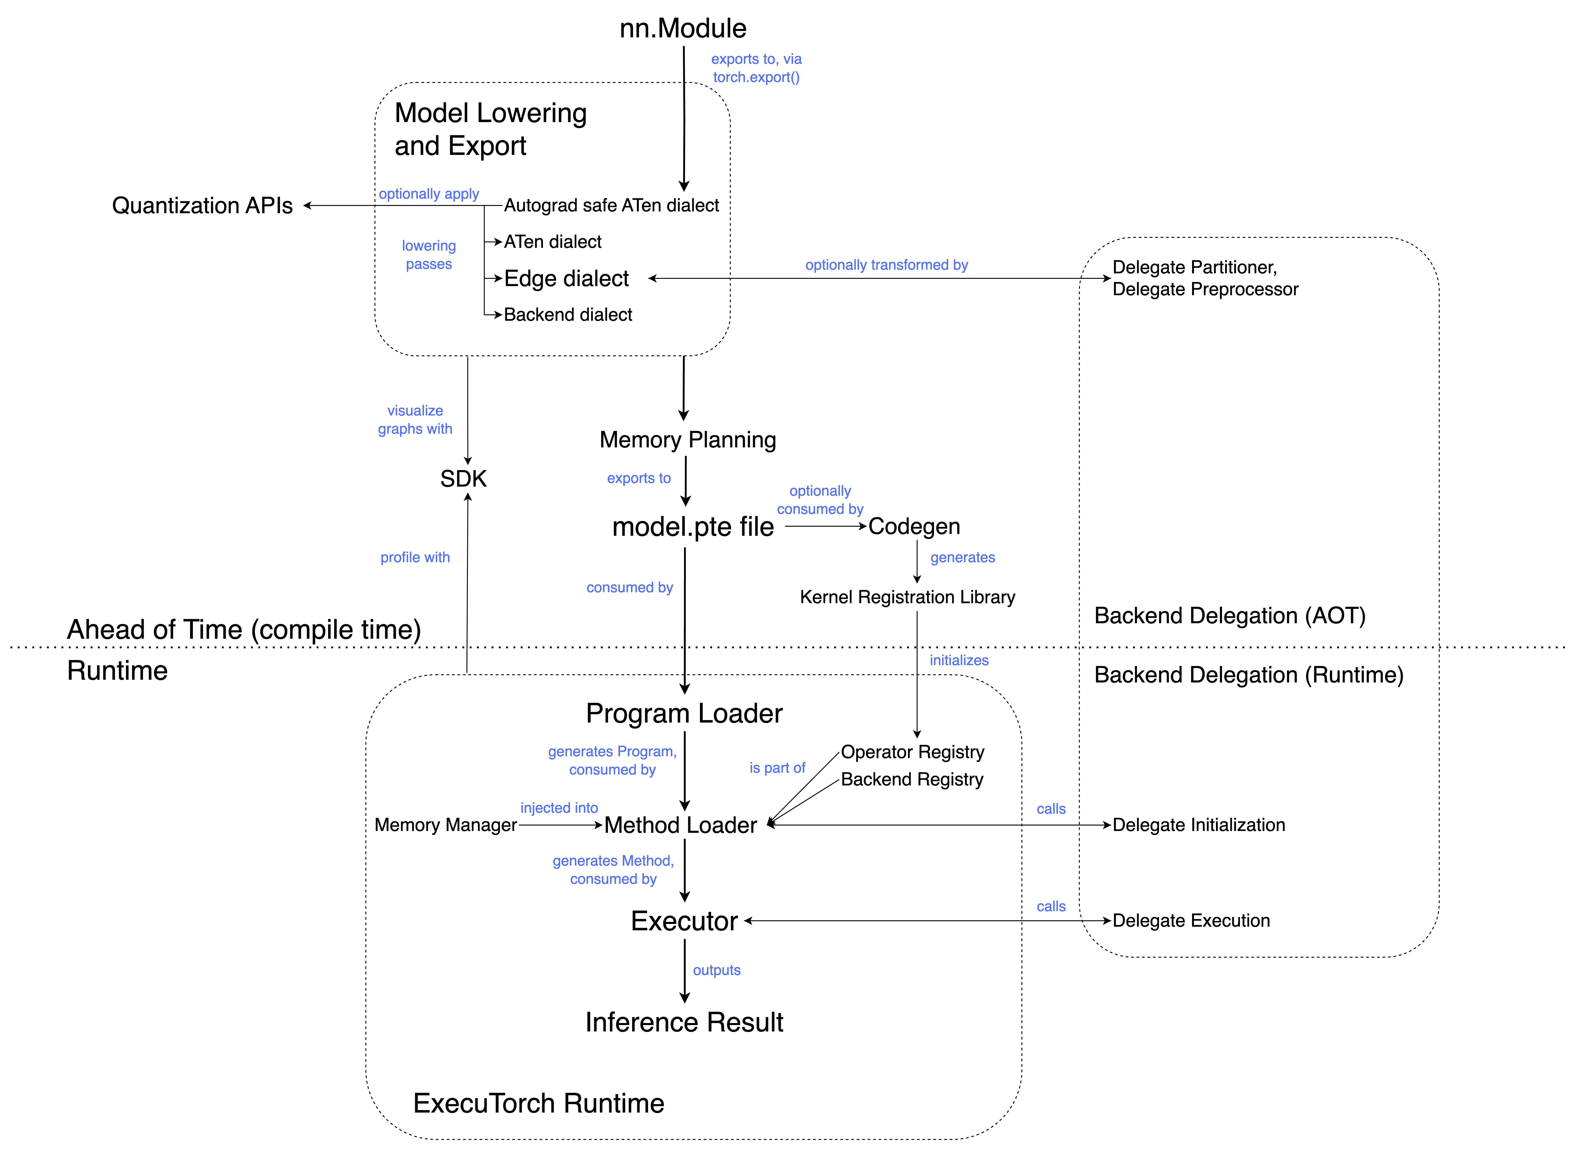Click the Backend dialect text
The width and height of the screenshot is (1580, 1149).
coord(568,315)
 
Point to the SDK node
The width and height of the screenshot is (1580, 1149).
coord(463,479)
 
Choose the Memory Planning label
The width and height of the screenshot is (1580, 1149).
coord(687,440)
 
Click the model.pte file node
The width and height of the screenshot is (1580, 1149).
coord(693,527)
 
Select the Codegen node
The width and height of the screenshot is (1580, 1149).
coord(914,526)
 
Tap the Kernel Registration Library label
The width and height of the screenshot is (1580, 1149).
coord(907,597)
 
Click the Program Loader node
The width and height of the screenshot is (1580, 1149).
coord(684,713)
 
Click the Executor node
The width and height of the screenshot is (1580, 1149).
coord(684,921)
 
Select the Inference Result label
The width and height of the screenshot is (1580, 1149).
coord(684,1022)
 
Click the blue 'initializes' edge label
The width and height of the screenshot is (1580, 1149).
coord(959,661)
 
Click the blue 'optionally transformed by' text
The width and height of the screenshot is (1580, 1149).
coord(886,265)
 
